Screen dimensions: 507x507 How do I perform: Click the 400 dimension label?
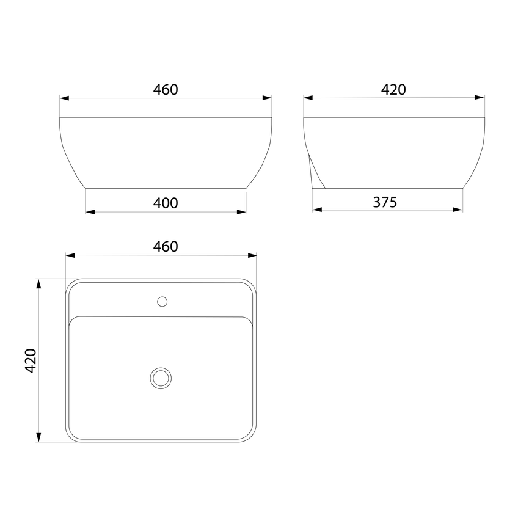coord(166,203)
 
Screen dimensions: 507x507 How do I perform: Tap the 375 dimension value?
coord(385,202)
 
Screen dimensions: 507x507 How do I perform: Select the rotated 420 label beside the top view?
coord(31,361)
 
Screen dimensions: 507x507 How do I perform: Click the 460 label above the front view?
coord(166,90)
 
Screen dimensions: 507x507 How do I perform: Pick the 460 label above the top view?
coord(166,247)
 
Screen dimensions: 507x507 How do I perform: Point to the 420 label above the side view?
coord(393,90)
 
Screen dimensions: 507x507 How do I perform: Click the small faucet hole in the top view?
coord(162,302)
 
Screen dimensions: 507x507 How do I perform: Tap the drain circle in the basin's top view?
coord(161,378)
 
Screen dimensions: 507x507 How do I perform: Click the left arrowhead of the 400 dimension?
coord(90,212)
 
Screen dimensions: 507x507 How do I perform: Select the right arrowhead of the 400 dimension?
coord(241,212)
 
